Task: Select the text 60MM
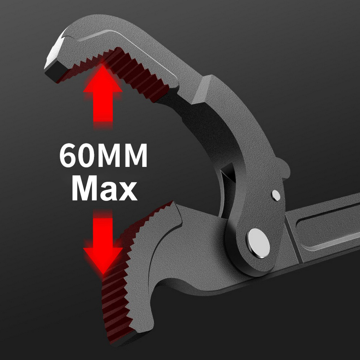(104, 156)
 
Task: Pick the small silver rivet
(276, 195)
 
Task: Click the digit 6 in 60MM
(69, 156)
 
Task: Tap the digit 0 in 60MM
(89, 156)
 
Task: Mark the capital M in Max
(84, 187)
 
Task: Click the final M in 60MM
(134, 156)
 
